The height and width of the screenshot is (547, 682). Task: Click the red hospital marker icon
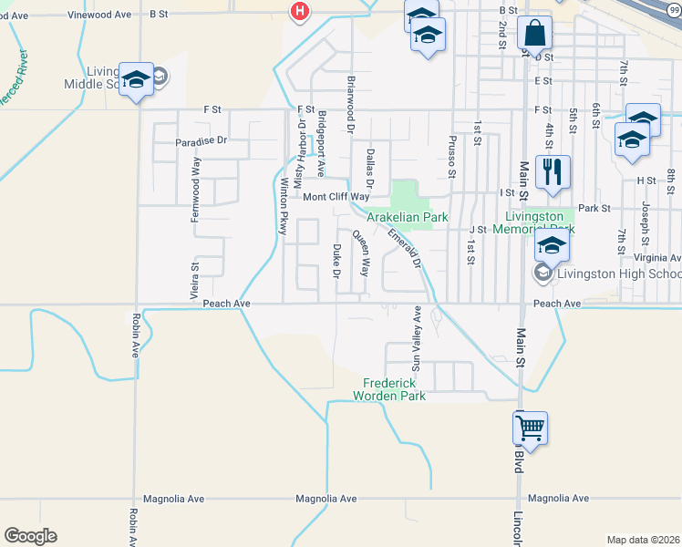298,11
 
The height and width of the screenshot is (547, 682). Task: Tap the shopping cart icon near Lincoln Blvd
530,427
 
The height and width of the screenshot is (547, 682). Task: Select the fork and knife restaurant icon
553,170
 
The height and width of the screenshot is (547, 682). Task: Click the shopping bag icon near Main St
534,34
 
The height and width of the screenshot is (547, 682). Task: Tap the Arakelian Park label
408,217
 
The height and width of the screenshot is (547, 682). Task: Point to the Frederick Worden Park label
394,389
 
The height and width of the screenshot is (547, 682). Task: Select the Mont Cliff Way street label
336,197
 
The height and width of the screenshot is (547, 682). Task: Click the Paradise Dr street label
201,140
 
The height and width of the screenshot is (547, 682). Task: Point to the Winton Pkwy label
283,209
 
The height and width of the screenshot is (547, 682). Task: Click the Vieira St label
193,281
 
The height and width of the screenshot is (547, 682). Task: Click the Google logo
30,536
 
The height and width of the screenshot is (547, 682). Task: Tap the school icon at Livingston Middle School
136,79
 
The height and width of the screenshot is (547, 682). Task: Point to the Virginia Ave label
661,232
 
